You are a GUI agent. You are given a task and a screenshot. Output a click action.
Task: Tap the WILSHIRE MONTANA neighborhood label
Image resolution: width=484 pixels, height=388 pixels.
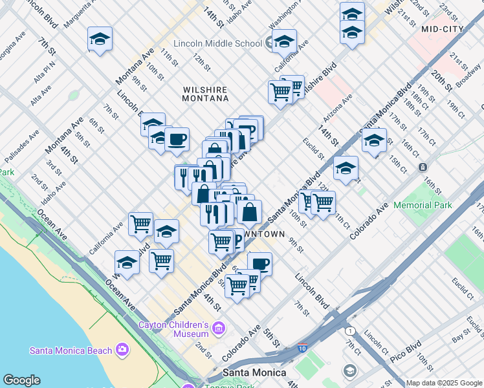point(197,92)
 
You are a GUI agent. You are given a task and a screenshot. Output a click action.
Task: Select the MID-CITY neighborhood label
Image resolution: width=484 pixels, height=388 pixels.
point(443,29)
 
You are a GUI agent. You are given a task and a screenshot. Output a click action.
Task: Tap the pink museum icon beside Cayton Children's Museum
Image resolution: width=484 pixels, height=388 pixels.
point(218,329)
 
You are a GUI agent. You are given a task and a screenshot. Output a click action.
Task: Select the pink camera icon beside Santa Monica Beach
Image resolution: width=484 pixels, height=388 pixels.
point(122,350)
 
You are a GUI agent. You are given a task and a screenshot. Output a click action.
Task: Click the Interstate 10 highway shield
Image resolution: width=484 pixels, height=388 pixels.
point(303,348)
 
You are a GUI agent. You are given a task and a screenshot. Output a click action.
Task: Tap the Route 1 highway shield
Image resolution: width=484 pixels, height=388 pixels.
point(350,330)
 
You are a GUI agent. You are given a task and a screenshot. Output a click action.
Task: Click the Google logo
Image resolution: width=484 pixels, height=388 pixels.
point(21,380)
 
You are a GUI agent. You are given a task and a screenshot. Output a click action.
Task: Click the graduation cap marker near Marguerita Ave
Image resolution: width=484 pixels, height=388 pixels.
point(100,39)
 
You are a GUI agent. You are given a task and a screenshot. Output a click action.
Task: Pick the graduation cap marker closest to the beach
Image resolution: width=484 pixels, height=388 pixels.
point(127,263)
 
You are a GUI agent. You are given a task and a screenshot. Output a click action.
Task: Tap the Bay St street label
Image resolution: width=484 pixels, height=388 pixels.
point(461,337)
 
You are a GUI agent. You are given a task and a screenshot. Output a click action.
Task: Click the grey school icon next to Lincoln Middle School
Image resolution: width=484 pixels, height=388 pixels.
point(269,43)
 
